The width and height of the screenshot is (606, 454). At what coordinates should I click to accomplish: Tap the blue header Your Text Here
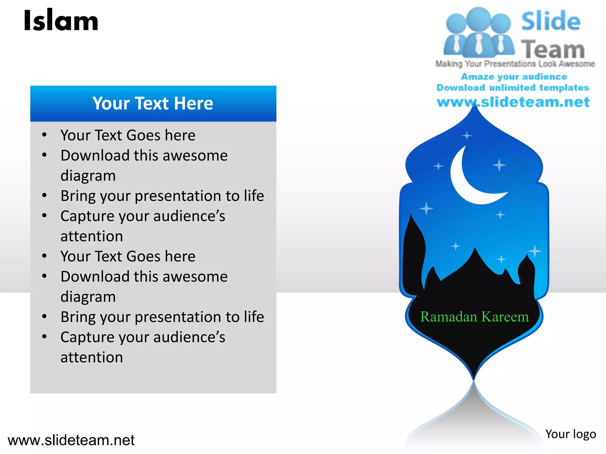point(153,103)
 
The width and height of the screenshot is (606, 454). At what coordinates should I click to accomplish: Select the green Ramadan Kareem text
point(474,317)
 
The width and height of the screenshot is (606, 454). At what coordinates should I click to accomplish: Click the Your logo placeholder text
point(570,434)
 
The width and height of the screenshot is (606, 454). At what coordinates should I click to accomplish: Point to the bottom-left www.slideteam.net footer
point(71,440)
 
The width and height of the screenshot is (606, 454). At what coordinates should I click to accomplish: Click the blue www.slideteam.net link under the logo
point(513,102)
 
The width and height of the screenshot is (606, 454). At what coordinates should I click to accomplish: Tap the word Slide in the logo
point(551,21)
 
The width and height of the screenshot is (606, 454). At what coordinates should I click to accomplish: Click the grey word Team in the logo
point(553,49)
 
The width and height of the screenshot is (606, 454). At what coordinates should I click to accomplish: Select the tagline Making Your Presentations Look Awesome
point(515,64)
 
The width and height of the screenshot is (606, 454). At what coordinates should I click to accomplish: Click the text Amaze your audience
point(514,77)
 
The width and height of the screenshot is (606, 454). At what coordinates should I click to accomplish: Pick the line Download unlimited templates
point(513,87)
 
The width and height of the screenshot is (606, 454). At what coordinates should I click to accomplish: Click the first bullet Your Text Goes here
point(128,135)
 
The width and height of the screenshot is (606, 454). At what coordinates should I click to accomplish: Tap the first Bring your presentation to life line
point(162,196)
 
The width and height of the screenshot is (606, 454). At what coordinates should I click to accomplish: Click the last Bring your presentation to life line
point(162,317)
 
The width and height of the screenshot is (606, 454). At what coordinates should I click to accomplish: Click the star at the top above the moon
point(467,136)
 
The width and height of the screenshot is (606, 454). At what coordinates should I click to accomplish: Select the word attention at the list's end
point(92,357)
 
